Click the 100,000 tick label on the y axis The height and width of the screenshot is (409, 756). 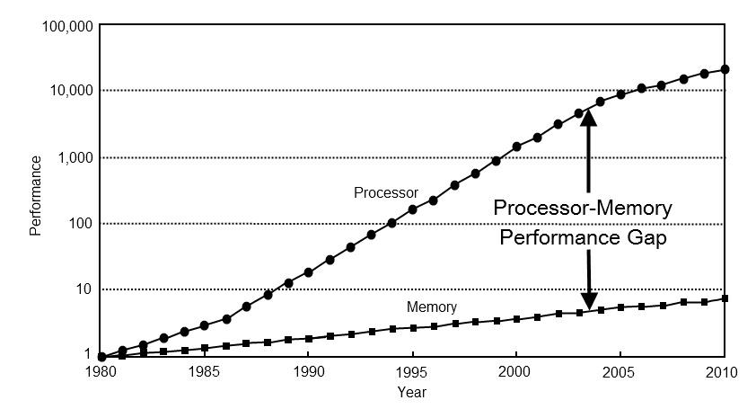point(66,27)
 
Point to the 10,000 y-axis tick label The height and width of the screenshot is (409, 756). point(70,91)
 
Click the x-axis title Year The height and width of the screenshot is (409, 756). point(412,392)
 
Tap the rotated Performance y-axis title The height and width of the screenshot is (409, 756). point(36,195)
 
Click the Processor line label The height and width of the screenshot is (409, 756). point(386,192)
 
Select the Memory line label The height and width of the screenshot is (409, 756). point(432,307)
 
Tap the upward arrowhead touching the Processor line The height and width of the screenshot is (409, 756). point(588,118)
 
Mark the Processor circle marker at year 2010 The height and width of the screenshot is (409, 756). point(725,69)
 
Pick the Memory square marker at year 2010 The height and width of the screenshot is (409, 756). point(725,298)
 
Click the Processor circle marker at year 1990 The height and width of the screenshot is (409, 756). point(309,271)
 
